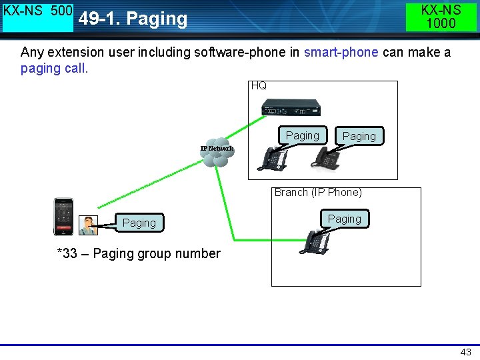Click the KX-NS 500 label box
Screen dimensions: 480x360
[38, 17]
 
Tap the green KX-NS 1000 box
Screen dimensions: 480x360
[441, 17]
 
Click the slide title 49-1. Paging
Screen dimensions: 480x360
[133, 19]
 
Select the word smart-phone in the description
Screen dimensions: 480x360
[341, 53]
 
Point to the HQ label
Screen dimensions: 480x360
[259, 86]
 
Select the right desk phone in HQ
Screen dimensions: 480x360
[327, 157]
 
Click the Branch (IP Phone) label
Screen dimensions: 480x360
[318, 193]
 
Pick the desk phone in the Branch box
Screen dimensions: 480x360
[315, 241]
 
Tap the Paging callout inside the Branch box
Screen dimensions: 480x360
[345, 219]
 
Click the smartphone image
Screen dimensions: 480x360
[64, 217]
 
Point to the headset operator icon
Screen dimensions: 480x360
[87, 225]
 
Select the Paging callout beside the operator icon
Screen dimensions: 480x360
[139, 223]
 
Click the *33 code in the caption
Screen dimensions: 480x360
[67, 254]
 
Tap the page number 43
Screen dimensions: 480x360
[465, 352]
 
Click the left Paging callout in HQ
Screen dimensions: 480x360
[303, 135]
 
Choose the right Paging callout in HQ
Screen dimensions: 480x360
[359, 136]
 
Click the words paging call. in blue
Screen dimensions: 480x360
[55, 69]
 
